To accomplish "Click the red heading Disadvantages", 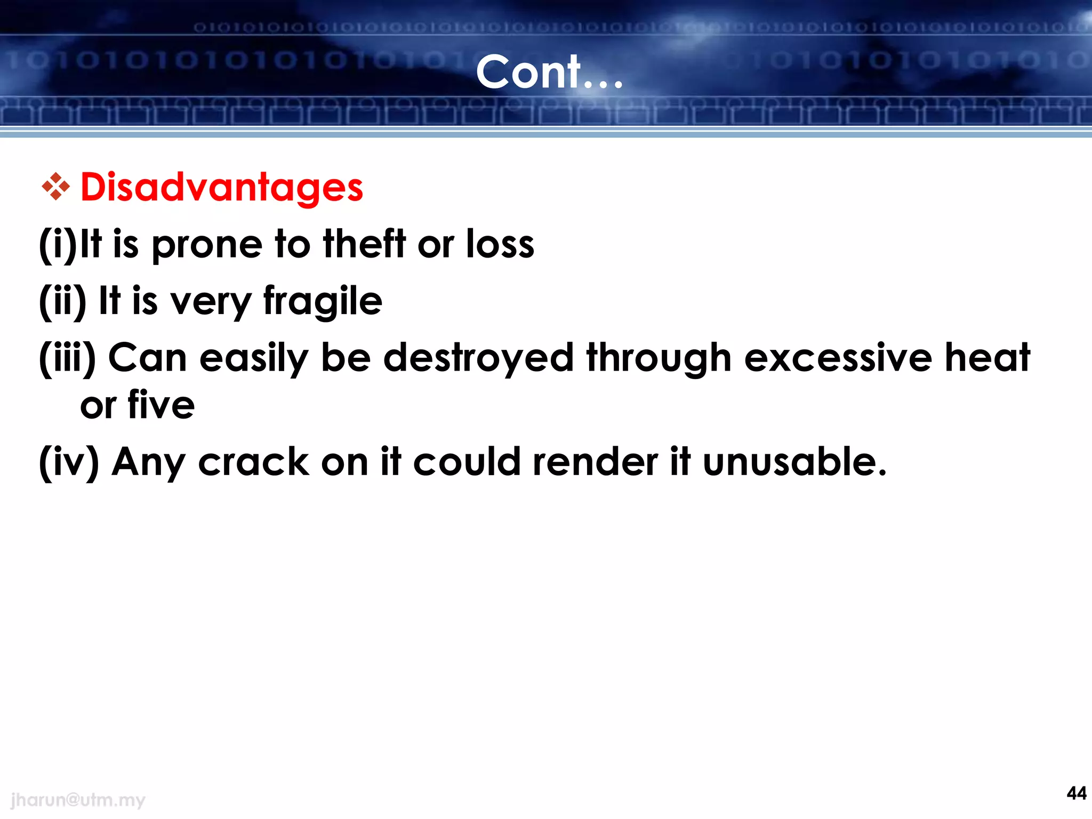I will (222, 188).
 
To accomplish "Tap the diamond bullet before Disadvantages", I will (55, 187).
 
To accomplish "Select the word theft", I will (364, 244).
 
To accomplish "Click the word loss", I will (500, 244).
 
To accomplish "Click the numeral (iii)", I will (67, 358).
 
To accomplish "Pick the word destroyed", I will (478, 358).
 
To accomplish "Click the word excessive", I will (838, 358).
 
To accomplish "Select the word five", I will (161, 405).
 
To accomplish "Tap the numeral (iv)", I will (69, 462).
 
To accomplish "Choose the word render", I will (595, 462).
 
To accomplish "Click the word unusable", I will (794, 462).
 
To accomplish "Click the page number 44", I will (1076, 793).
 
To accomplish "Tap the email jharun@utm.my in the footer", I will (78, 800).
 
